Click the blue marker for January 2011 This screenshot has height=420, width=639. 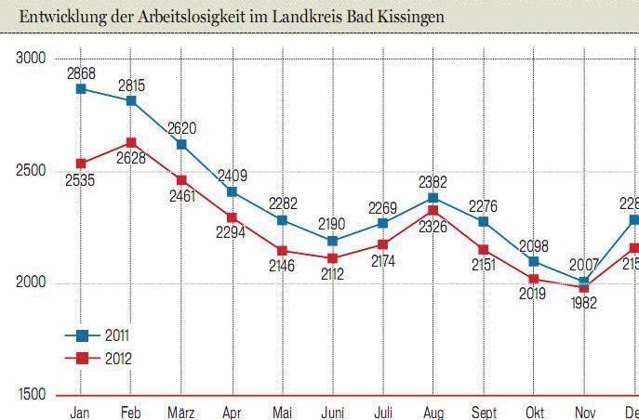click(82, 89)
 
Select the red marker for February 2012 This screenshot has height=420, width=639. click(131, 143)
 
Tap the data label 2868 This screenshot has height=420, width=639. click(82, 72)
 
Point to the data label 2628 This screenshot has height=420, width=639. click(131, 159)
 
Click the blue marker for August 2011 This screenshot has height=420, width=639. click(433, 198)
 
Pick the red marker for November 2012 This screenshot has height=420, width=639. click(583, 287)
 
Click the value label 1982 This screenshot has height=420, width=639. click(583, 303)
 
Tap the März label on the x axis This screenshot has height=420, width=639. click(181, 411)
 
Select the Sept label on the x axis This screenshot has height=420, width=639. click(483, 411)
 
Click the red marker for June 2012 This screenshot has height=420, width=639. click(332, 258)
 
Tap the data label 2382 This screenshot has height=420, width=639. click(433, 181)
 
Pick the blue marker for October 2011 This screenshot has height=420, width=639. click(533, 262)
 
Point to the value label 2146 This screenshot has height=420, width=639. click(282, 267)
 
